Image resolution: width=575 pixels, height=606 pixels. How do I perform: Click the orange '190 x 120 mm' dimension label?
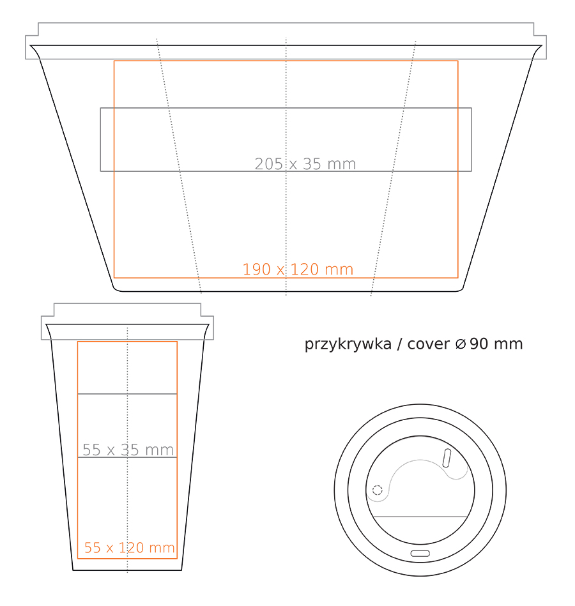298,269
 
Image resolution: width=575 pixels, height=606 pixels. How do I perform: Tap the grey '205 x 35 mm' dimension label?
305,164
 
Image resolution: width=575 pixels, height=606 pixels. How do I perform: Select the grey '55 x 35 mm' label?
128,450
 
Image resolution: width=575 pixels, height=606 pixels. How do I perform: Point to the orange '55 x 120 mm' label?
129,548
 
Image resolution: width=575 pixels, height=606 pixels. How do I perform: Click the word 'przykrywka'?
348,344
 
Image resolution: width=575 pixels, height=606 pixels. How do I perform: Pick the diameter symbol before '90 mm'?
461,344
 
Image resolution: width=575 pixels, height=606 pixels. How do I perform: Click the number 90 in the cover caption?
479,344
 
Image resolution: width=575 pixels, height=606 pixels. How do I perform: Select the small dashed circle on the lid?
377,490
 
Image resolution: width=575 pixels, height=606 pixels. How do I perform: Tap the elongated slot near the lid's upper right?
447,458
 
